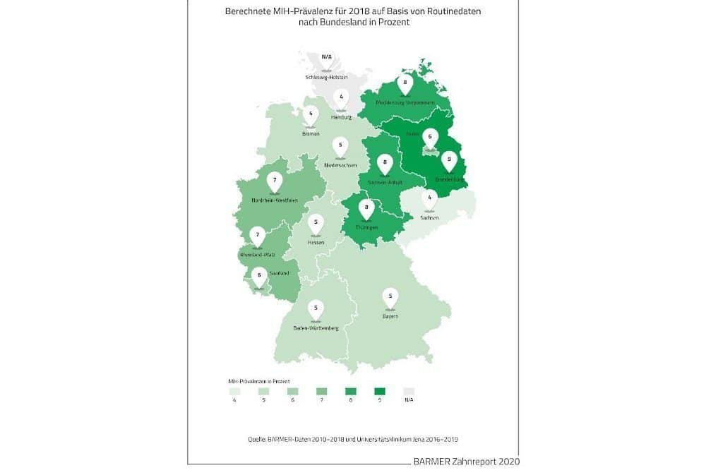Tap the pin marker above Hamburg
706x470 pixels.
coord(342,98)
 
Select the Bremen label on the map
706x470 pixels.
coord(311,133)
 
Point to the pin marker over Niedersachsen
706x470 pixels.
coord(341,145)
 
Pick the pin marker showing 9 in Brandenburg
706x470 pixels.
coord(447,161)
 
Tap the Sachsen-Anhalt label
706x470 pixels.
coord(385,182)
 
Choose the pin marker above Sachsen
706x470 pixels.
coord(429,199)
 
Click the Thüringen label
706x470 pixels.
coord(366,227)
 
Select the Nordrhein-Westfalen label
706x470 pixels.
coord(274,200)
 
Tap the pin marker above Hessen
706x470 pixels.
coord(316,224)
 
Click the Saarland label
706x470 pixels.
coord(279,274)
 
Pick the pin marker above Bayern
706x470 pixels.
coord(390,297)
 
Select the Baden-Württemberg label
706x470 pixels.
coord(316,328)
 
